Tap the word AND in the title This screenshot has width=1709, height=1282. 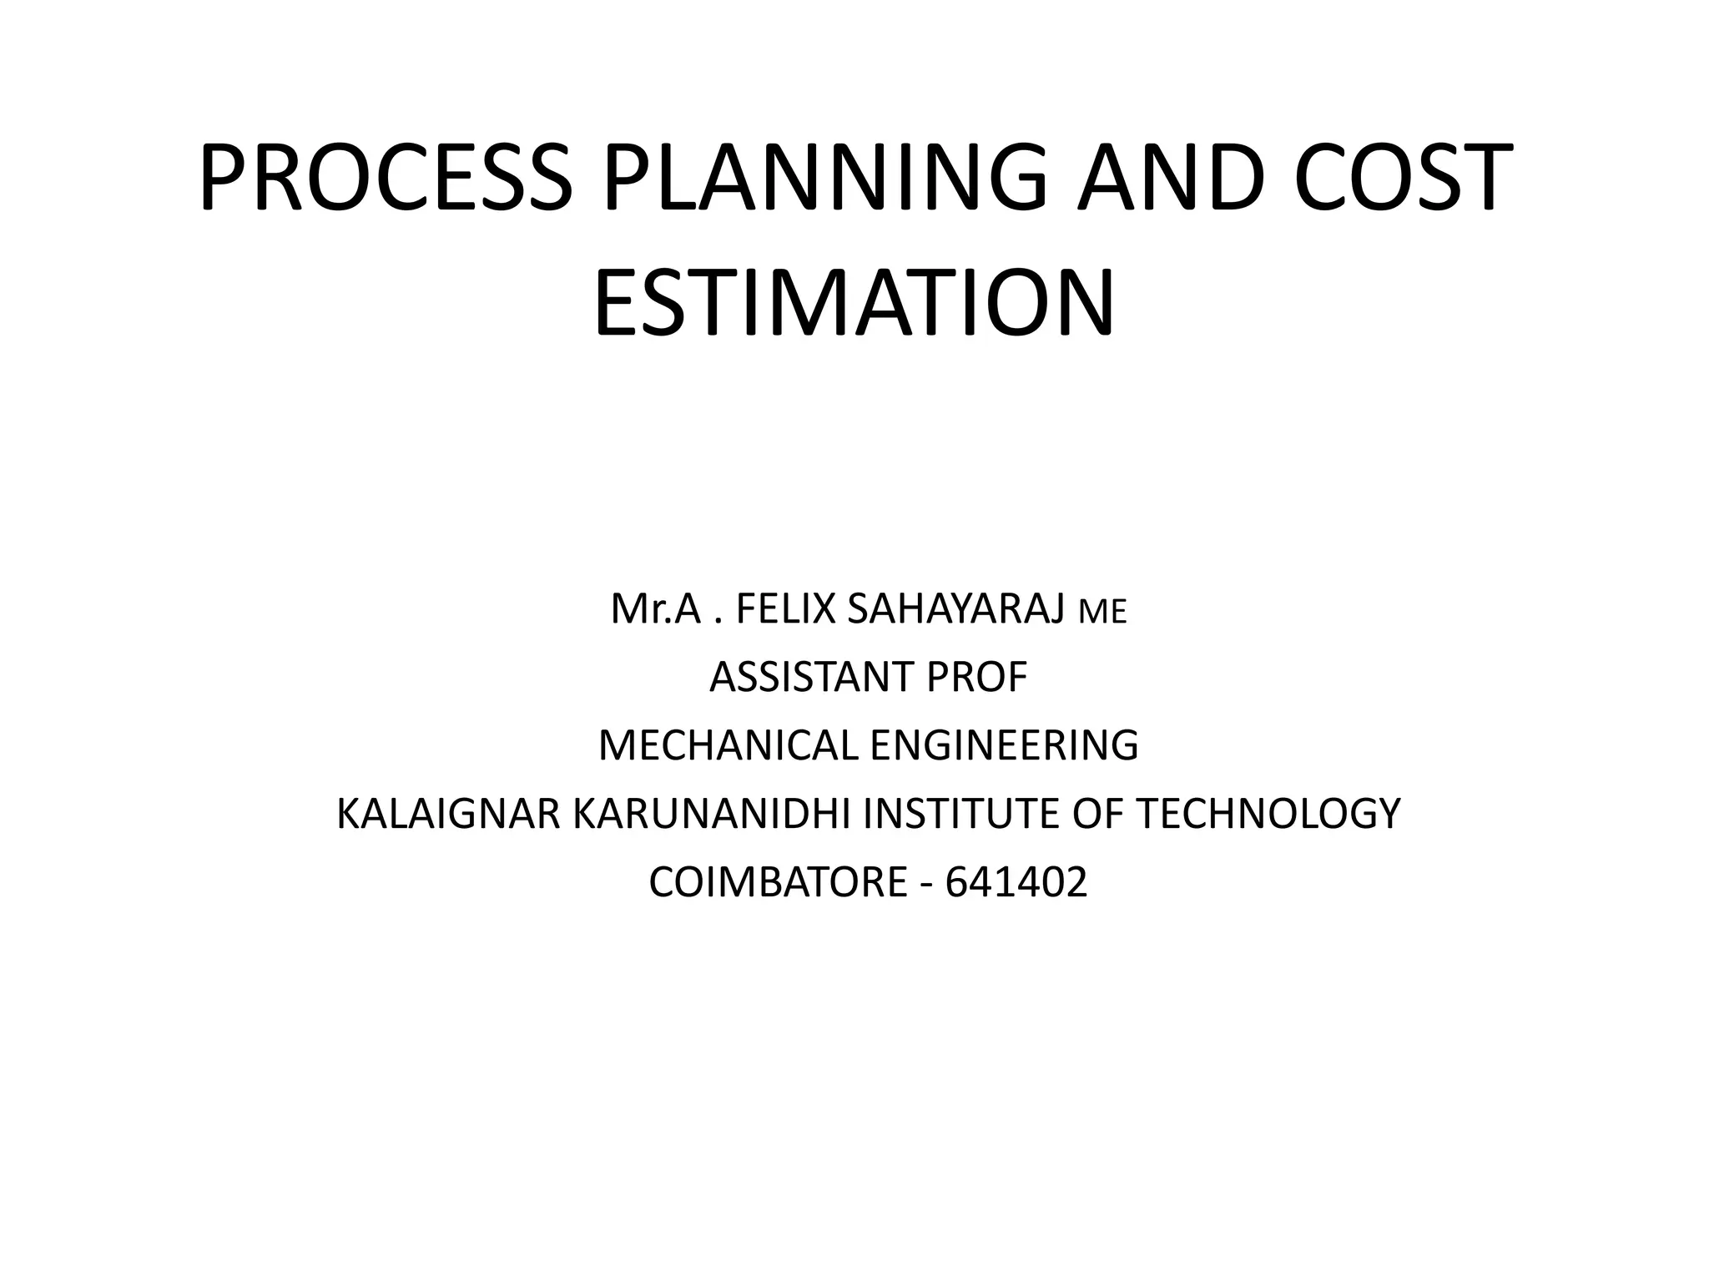click(x=1167, y=178)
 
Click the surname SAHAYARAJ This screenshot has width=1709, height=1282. click(x=955, y=608)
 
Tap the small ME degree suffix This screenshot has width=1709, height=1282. click(x=1102, y=612)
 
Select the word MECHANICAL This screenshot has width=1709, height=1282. click(x=728, y=745)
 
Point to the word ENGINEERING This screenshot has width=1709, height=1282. click(x=1004, y=745)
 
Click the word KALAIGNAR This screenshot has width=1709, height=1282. click(x=449, y=814)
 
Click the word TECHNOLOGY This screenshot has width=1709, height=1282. click(x=1268, y=814)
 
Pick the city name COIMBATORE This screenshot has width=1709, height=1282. click(x=778, y=882)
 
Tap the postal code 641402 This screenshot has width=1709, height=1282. click(x=1016, y=882)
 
